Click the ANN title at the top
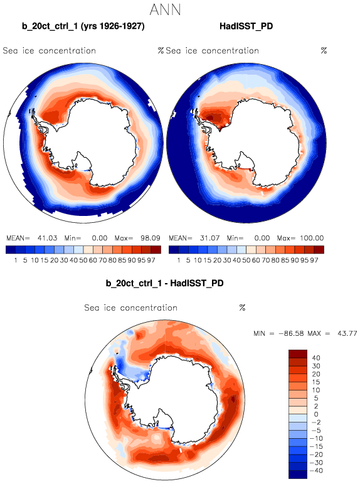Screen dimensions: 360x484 (165, 9)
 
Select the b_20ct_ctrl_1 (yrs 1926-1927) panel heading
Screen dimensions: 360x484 (83, 26)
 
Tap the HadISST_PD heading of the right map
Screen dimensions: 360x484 (246, 26)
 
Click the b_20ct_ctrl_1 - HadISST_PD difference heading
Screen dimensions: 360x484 (164, 283)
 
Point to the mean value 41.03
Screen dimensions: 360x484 (47, 239)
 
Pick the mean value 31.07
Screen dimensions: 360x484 (209, 239)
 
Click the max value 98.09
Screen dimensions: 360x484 (151, 239)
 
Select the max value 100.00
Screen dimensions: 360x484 (312, 239)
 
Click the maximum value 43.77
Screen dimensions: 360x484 (347, 334)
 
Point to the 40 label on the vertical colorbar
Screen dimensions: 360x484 (316, 358)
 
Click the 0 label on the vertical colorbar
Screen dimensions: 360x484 (316, 414)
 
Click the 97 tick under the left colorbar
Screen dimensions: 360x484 (151, 261)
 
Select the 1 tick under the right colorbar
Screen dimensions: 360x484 (178, 261)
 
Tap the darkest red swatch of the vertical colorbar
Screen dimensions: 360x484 (298, 353)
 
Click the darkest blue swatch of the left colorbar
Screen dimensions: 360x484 (11, 249)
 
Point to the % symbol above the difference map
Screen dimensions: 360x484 (242, 308)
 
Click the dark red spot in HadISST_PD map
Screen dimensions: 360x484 (210, 117)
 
